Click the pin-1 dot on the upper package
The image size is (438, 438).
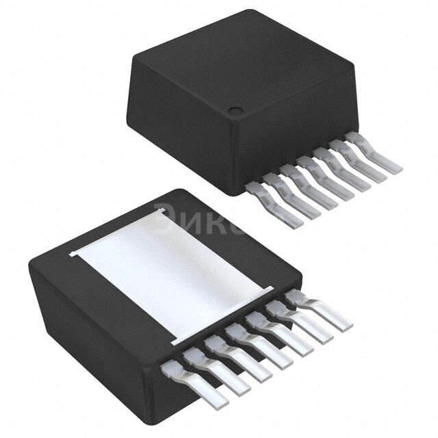[x=235, y=109]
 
